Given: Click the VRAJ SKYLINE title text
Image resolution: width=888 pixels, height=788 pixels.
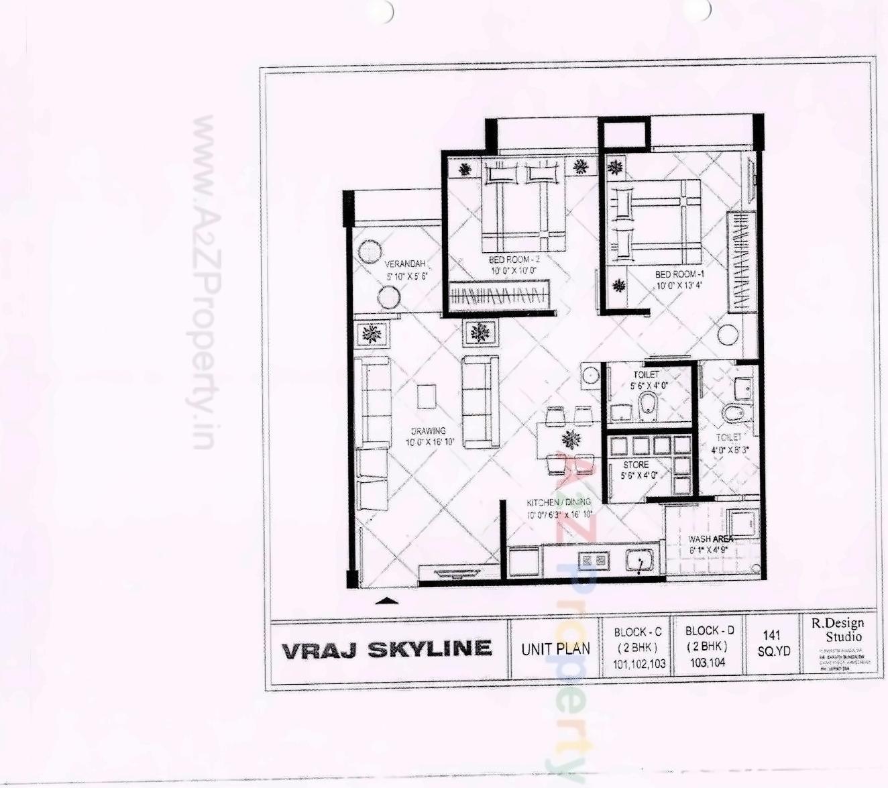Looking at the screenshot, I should (386, 649).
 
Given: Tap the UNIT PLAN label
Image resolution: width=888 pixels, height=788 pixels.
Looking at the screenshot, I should (555, 649).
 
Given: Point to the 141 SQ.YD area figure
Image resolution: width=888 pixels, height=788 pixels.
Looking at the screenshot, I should (774, 642).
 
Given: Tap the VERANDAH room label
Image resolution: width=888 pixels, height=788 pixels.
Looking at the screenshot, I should (404, 264).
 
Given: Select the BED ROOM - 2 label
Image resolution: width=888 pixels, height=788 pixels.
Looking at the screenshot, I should (514, 260).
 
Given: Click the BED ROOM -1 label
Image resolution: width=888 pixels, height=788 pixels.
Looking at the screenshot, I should (679, 274).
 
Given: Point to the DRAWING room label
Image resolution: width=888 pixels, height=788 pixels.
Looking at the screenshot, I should (428, 431).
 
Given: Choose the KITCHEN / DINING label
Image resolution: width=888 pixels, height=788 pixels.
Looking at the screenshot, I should (558, 502).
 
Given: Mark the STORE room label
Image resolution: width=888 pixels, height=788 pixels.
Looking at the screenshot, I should (636, 465).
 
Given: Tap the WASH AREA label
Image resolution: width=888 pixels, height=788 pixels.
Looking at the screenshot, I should (710, 539).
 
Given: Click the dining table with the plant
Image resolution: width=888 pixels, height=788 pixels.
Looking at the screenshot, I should (570, 441).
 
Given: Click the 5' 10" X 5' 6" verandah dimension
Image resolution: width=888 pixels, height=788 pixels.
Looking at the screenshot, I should (406, 276).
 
